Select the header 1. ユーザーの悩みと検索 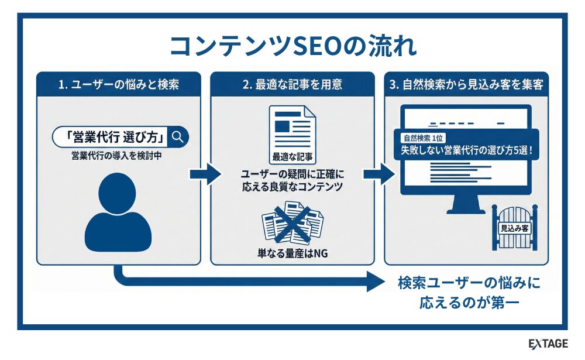point(119,85)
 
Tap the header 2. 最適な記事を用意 point(292,85)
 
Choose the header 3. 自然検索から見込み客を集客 point(466,85)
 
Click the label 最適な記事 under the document point(292,157)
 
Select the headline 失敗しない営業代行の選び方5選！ point(467,150)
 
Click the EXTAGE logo point(548,344)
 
